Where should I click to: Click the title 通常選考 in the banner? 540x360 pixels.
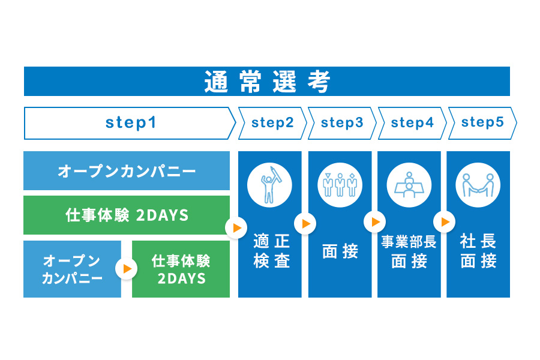pyautogui.click(x=267, y=82)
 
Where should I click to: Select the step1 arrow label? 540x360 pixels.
pyautogui.click(x=130, y=123)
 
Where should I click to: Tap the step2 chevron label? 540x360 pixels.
pyautogui.click(x=272, y=123)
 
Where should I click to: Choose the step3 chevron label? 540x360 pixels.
pyautogui.click(x=342, y=123)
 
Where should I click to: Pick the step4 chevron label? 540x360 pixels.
pyautogui.click(x=412, y=123)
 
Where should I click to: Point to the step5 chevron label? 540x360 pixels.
pyautogui.click(x=482, y=123)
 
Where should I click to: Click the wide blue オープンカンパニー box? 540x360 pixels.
pyautogui.click(x=127, y=171)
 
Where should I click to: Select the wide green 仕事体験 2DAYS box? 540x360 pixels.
pyautogui.click(x=127, y=215)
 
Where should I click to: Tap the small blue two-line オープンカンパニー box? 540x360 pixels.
pyautogui.click(x=72, y=269)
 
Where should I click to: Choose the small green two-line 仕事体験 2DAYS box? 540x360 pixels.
pyautogui.click(x=181, y=269)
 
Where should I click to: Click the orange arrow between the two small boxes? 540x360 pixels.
pyautogui.click(x=127, y=269)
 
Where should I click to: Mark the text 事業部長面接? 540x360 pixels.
pyautogui.click(x=409, y=251)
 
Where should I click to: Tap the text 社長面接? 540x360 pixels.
pyautogui.click(x=478, y=251)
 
